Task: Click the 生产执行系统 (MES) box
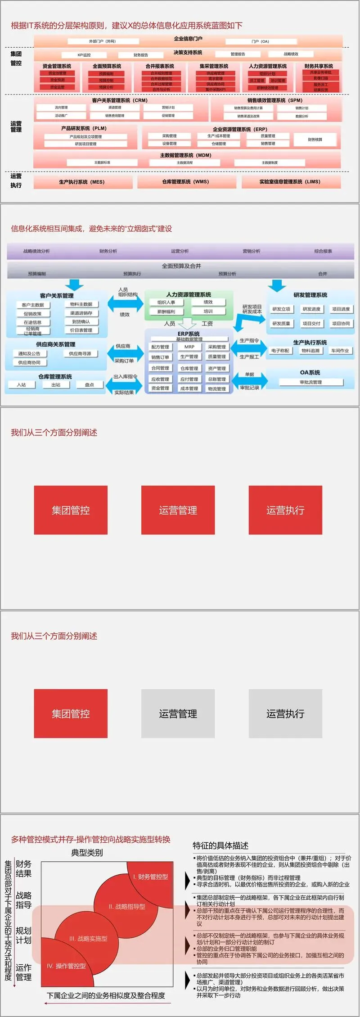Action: (82, 182)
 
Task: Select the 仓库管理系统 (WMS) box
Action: (185, 182)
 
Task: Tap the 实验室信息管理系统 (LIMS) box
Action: (290, 182)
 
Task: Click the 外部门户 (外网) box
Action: (103, 41)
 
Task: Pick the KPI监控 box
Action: (84, 55)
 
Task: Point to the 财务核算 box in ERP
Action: (315, 140)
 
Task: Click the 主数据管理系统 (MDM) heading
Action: (185, 155)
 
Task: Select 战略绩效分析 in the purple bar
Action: (36, 251)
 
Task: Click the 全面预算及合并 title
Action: (181, 266)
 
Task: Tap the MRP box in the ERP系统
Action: (189, 347)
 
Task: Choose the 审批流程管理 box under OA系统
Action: (311, 382)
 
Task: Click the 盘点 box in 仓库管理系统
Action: (90, 385)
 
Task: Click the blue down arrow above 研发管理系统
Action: (277, 285)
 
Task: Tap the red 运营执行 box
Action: (285, 510)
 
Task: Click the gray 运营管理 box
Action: (178, 714)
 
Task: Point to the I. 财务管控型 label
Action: (150, 877)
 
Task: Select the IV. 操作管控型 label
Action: (67, 966)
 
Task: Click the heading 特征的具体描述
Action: (220, 845)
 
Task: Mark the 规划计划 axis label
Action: (23, 935)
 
